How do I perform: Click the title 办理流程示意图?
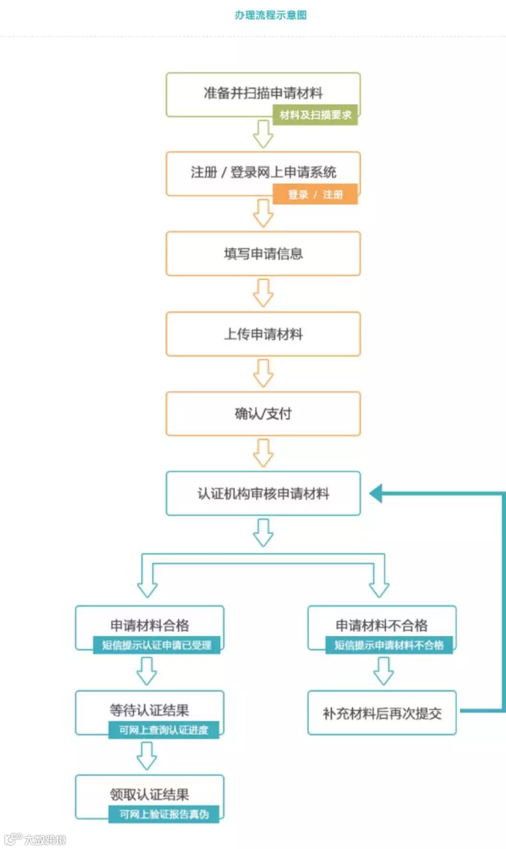point(271,15)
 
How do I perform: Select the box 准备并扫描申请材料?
point(263,93)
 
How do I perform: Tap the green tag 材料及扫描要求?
point(315,115)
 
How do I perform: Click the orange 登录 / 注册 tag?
point(315,194)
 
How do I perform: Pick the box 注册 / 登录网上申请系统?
point(263,172)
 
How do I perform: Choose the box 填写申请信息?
point(263,253)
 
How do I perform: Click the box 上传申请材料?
point(263,334)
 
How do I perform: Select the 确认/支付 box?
point(263,414)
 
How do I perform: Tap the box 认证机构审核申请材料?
point(263,493)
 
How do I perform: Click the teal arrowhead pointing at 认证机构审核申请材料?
point(376,493)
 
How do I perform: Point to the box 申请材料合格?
point(149,625)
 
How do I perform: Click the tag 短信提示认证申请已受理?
point(156,645)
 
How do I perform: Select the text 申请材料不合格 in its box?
point(381,625)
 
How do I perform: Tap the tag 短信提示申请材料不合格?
point(388,645)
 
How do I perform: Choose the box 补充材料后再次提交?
point(382,713)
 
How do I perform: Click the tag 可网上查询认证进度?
point(164,730)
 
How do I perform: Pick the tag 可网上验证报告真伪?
point(164,814)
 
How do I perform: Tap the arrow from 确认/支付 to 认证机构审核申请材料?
point(263,453)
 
